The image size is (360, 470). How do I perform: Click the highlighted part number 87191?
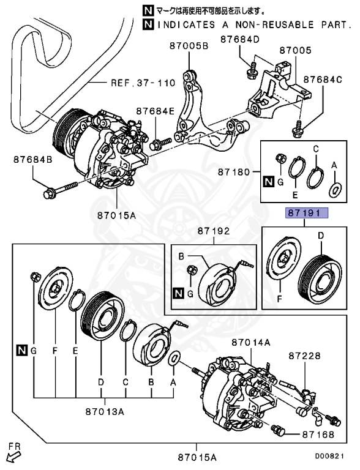coord(305,214)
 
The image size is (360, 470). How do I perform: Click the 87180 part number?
coord(234,173)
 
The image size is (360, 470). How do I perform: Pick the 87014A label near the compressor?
coord(250,343)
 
